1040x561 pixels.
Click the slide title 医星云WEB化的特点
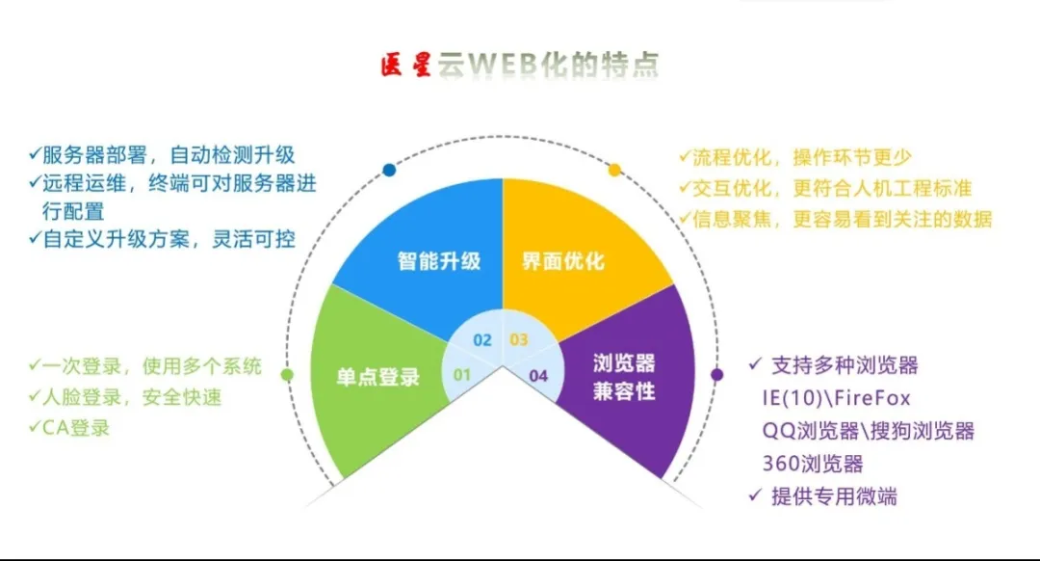(520, 65)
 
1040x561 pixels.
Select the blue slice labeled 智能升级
(431, 253)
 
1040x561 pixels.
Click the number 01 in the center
(461, 375)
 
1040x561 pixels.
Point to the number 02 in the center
(482, 340)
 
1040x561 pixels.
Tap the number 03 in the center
(519, 340)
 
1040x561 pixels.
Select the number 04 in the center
(538, 376)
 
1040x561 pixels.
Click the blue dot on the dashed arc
(389, 170)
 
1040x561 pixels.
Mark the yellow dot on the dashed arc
(614, 170)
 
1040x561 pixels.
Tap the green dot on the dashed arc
(287, 375)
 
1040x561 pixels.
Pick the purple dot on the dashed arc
(717, 375)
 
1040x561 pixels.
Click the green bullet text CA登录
(69, 428)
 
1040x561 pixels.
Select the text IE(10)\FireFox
(837, 398)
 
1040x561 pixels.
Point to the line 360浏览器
(813, 464)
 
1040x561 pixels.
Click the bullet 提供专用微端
(823, 496)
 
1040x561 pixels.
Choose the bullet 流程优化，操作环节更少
(795, 157)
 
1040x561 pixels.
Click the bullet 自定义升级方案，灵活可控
(162, 239)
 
